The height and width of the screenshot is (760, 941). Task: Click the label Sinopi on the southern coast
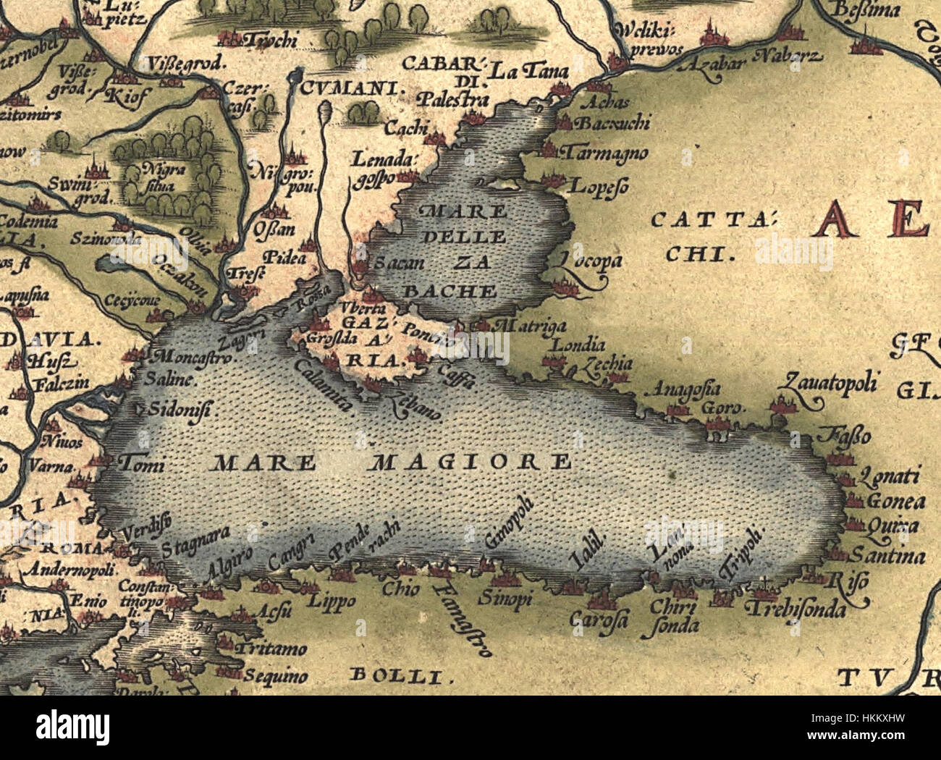(505, 599)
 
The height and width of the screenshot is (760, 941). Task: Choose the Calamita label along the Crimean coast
(323, 384)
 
